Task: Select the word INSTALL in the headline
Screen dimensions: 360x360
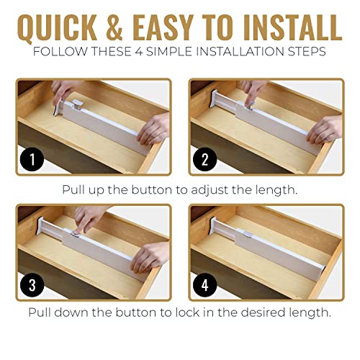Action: [x=291, y=29]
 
